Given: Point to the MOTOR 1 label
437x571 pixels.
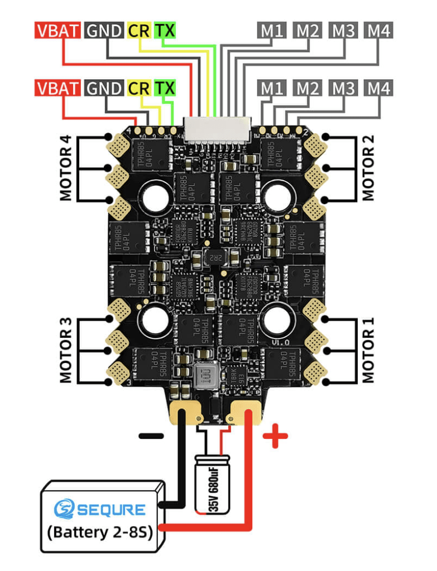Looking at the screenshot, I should [368, 350].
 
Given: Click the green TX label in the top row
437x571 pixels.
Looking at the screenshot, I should [165, 30].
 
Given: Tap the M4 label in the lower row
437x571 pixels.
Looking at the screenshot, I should [379, 88].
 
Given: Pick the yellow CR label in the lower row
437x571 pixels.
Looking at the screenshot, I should [139, 88].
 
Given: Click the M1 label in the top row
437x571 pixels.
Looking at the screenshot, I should [272, 30].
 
